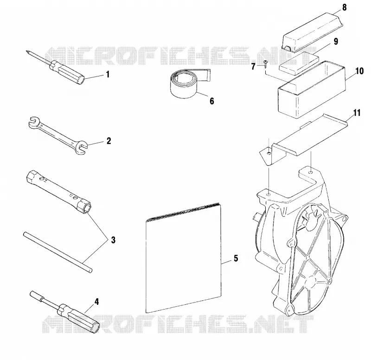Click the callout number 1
point(108,75)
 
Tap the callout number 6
point(212,101)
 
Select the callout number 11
point(357,113)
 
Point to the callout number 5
point(236,259)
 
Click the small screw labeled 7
point(265,63)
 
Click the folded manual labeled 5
point(184,258)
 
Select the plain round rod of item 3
point(58,253)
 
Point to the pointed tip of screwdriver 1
point(27,51)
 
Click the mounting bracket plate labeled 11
point(304,139)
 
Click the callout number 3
point(113,240)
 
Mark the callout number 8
point(345,7)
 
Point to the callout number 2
point(109,141)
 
